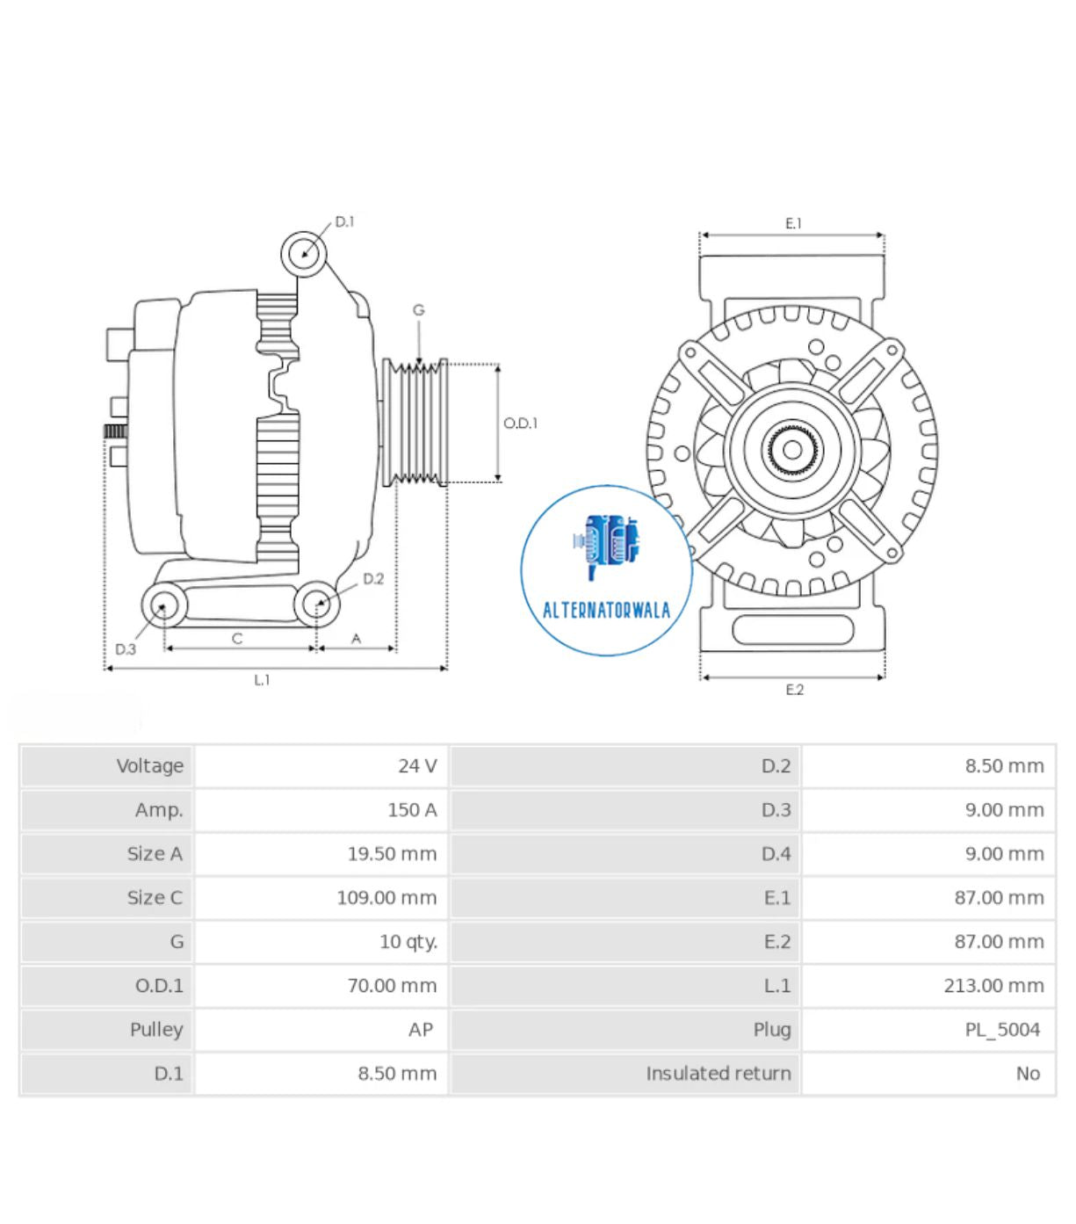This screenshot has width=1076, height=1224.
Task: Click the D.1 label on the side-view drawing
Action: (x=344, y=221)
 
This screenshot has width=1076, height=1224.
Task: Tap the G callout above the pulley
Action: (x=418, y=310)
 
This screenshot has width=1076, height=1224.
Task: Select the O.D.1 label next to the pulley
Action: (x=520, y=424)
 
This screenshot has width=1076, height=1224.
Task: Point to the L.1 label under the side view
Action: (x=262, y=680)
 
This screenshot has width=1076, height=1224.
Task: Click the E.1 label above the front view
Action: (x=793, y=224)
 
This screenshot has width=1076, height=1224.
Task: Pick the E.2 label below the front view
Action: (x=794, y=690)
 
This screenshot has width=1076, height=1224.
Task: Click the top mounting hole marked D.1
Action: (x=304, y=254)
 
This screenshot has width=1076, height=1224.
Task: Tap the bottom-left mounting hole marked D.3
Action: (x=163, y=605)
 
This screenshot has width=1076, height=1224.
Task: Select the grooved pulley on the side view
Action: (x=415, y=423)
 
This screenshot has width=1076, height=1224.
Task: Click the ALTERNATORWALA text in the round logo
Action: (x=606, y=610)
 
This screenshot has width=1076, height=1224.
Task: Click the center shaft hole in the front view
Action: (x=791, y=450)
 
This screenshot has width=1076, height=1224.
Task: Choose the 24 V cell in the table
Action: (x=417, y=766)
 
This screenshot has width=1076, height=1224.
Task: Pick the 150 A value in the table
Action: (x=412, y=810)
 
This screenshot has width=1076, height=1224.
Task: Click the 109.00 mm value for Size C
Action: (x=386, y=898)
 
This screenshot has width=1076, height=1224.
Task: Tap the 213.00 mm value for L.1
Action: (x=993, y=986)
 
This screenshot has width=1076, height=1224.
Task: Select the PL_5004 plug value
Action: (x=1002, y=1030)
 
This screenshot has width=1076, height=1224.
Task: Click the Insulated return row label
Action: (x=718, y=1074)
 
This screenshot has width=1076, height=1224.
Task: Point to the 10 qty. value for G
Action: (x=408, y=942)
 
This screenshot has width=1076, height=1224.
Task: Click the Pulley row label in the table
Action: (x=156, y=1030)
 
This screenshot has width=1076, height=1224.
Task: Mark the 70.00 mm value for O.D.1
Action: (x=392, y=986)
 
